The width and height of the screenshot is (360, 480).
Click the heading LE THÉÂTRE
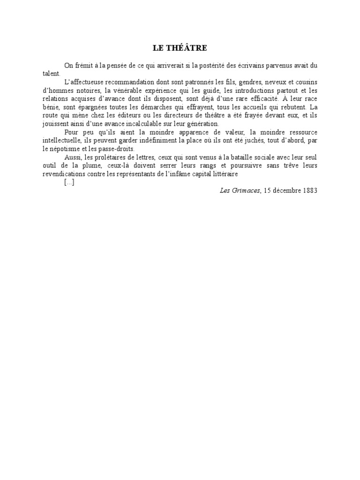pos(180,48)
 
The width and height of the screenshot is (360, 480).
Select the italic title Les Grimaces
pos(240,190)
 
